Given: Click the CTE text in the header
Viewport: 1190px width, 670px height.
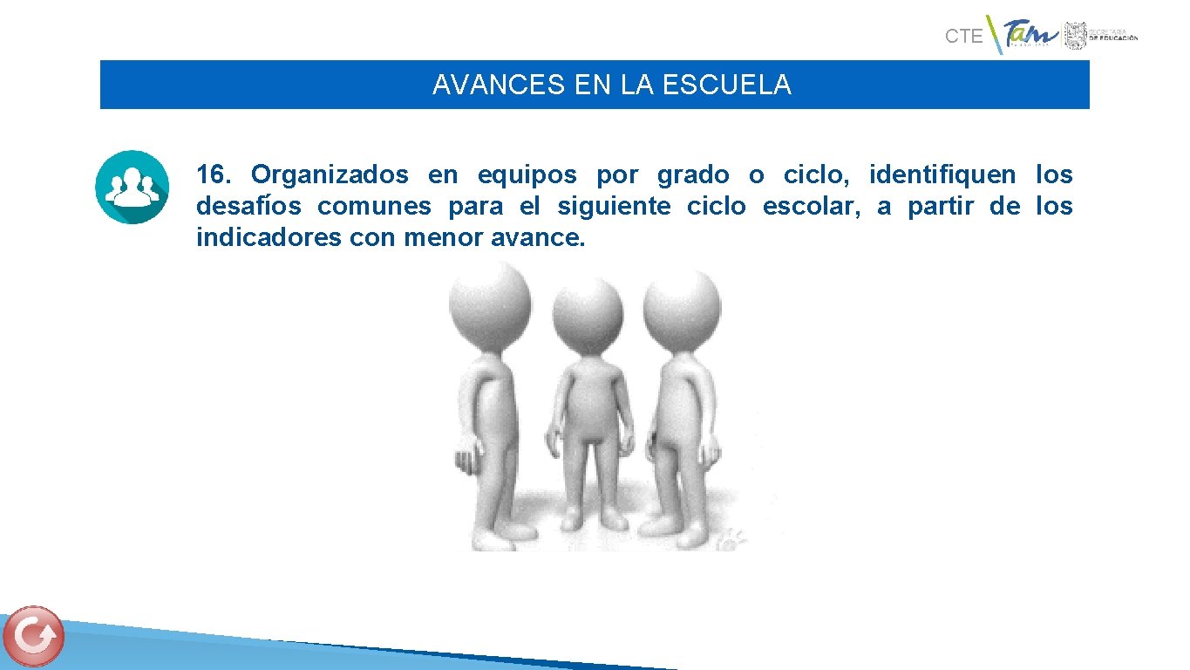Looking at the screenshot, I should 963,37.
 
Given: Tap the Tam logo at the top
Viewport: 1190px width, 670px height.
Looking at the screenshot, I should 1030,36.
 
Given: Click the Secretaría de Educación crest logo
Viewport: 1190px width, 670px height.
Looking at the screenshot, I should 1074,36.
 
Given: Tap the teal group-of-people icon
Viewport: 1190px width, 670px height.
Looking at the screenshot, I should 132,187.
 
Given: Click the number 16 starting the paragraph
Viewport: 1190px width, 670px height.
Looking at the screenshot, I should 212,175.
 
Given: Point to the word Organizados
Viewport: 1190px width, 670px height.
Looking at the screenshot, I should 330,175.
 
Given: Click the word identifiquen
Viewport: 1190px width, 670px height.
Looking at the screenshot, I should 942,175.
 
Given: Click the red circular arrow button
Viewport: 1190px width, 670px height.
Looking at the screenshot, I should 34,636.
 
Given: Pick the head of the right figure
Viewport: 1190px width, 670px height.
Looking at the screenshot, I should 683,304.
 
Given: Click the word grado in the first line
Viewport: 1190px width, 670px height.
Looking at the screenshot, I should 693,175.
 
